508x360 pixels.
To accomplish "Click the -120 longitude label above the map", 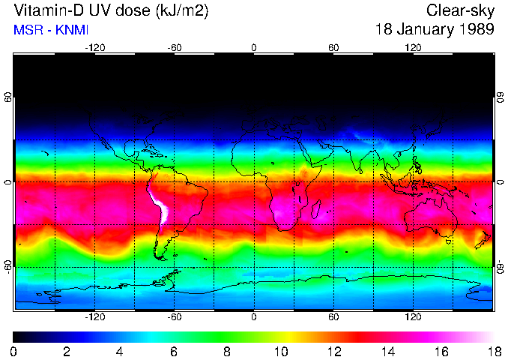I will tap(94, 47).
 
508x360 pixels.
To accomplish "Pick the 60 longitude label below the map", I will tap(333, 316).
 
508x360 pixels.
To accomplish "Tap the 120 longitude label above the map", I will tap(413, 47).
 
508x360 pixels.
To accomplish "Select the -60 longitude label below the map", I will tap(174, 316).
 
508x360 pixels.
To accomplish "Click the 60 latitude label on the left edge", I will tap(8, 97).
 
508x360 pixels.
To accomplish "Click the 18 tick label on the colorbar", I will tap(493, 352).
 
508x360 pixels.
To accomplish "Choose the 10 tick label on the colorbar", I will tap(280, 352).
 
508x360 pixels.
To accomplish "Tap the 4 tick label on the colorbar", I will tap(121, 352).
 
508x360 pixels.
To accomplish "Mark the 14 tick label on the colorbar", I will tap(387, 352).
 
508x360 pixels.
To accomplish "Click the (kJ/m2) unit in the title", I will tap(179, 11).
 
